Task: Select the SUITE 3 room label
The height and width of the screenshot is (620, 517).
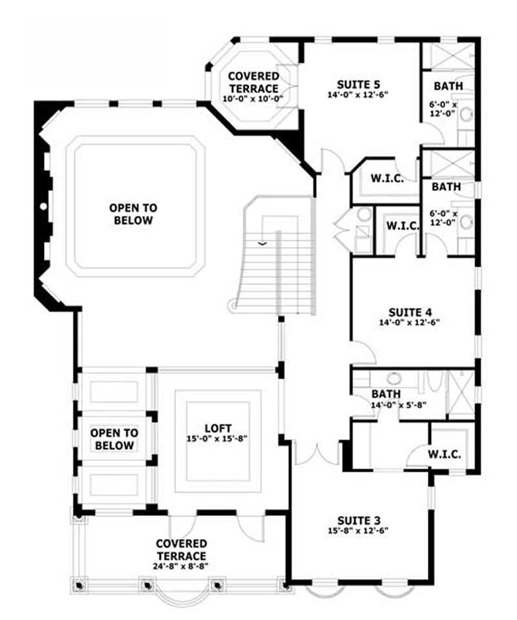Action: pos(359,520)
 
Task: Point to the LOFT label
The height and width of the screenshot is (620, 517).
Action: pos(217,428)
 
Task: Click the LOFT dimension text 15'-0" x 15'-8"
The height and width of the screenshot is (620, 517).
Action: pos(217,438)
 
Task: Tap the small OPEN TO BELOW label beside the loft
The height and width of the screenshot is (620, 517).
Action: pos(112,439)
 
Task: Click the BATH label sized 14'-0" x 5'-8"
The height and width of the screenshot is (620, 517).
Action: pos(386,393)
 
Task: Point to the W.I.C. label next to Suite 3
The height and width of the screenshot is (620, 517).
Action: pos(444,454)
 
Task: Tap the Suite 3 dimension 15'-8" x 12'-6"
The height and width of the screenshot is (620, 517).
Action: pos(359,530)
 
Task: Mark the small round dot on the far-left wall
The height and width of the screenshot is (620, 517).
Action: pos(43,206)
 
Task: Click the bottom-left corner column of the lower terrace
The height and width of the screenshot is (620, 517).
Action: pos(79,584)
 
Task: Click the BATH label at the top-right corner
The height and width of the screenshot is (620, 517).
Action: pos(448,86)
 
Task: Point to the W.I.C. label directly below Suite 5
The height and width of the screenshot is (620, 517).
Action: pos(387,179)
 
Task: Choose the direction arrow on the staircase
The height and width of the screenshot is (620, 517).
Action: pos(262,243)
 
